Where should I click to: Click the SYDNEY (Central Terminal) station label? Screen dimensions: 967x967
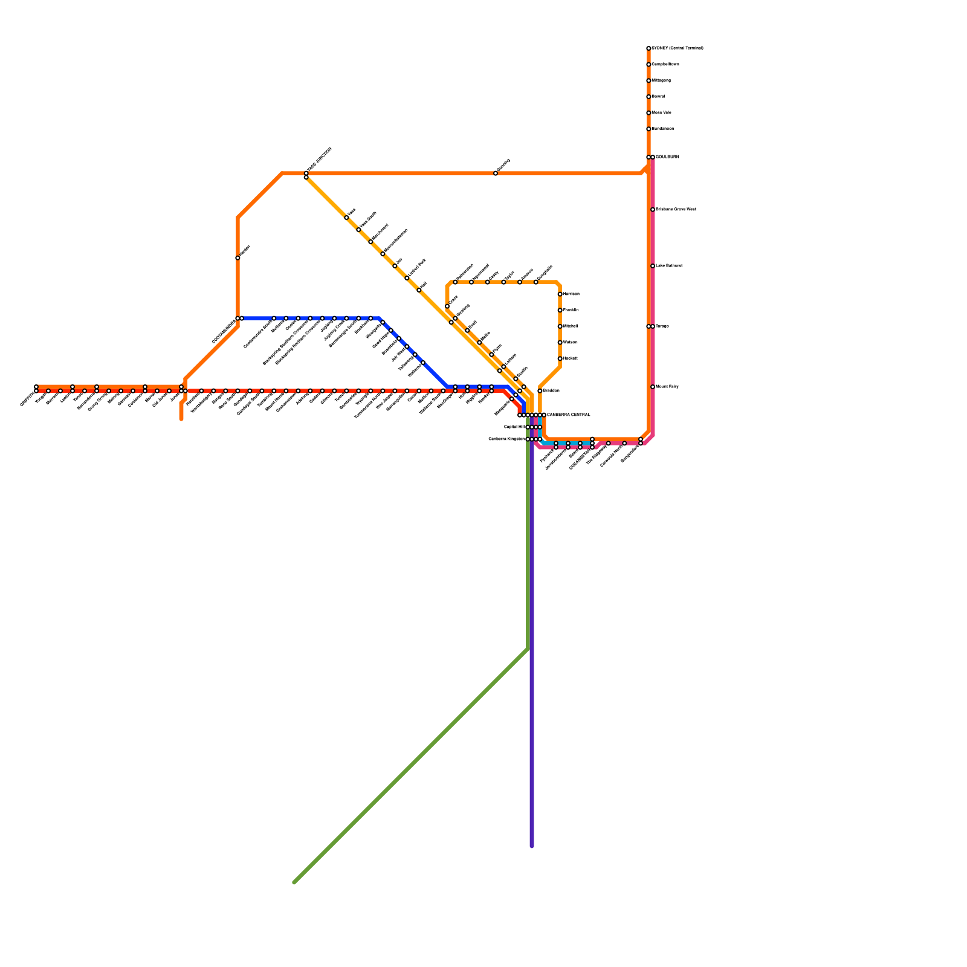point(677,48)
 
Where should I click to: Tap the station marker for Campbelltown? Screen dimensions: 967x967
point(648,65)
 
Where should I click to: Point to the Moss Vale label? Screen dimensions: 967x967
point(661,113)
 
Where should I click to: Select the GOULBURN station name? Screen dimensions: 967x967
point(667,157)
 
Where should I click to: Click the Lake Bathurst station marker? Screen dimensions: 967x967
point(653,266)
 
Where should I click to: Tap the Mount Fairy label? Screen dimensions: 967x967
point(667,387)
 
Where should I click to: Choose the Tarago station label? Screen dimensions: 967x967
point(662,326)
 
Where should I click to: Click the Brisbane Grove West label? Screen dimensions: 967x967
point(676,210)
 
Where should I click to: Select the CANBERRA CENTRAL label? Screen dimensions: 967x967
point(568,415)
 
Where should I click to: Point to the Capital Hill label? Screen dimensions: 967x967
point(514,427)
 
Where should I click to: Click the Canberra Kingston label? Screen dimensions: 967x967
point(506,439)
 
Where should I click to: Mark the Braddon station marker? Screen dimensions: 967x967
point(540,391)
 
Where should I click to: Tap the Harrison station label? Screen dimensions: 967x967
point(571,294)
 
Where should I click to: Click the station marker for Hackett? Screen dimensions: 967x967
point(560,358)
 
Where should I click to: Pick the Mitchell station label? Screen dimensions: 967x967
point(571,326)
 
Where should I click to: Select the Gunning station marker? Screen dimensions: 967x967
point(496,173)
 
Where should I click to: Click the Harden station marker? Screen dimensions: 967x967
point(238,258)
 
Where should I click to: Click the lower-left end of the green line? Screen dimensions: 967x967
point(294,882)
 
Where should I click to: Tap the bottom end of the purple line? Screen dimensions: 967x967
point(532,846)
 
